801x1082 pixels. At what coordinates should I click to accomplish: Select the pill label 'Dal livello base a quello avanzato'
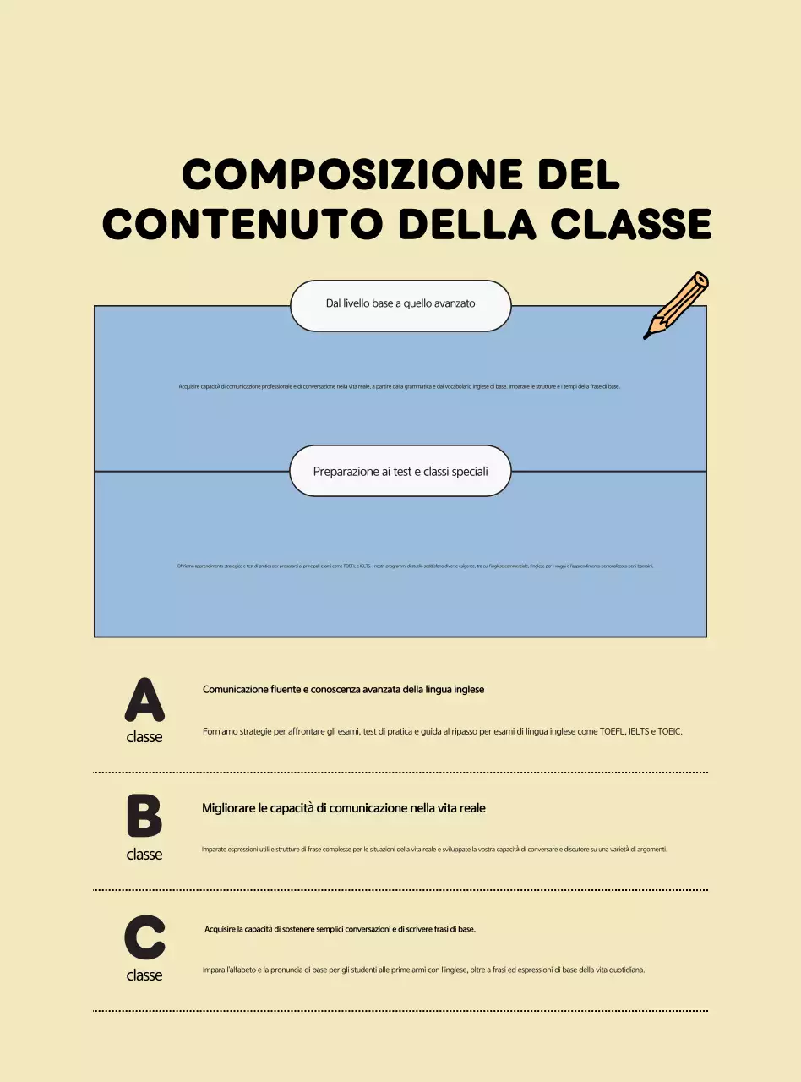[400, 303]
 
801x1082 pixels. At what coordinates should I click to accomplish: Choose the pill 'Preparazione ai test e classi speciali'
[400, 471]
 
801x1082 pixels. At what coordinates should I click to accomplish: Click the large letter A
[144, 699]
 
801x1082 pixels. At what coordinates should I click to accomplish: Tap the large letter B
[144, 817]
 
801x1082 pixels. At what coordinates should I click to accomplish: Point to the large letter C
[144, 937]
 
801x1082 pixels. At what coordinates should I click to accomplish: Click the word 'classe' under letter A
[144, 737]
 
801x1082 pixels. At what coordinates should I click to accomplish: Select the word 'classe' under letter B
[144, 855]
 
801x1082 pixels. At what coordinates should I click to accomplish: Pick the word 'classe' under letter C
[144, 975]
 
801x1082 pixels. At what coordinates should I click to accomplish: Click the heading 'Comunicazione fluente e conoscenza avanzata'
[343, 690]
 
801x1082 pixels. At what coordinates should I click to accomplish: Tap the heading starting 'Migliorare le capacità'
[343, 808]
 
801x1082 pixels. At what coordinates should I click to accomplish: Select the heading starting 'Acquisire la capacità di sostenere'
[340, 929]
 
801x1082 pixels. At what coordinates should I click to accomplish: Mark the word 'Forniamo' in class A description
[221, 731]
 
